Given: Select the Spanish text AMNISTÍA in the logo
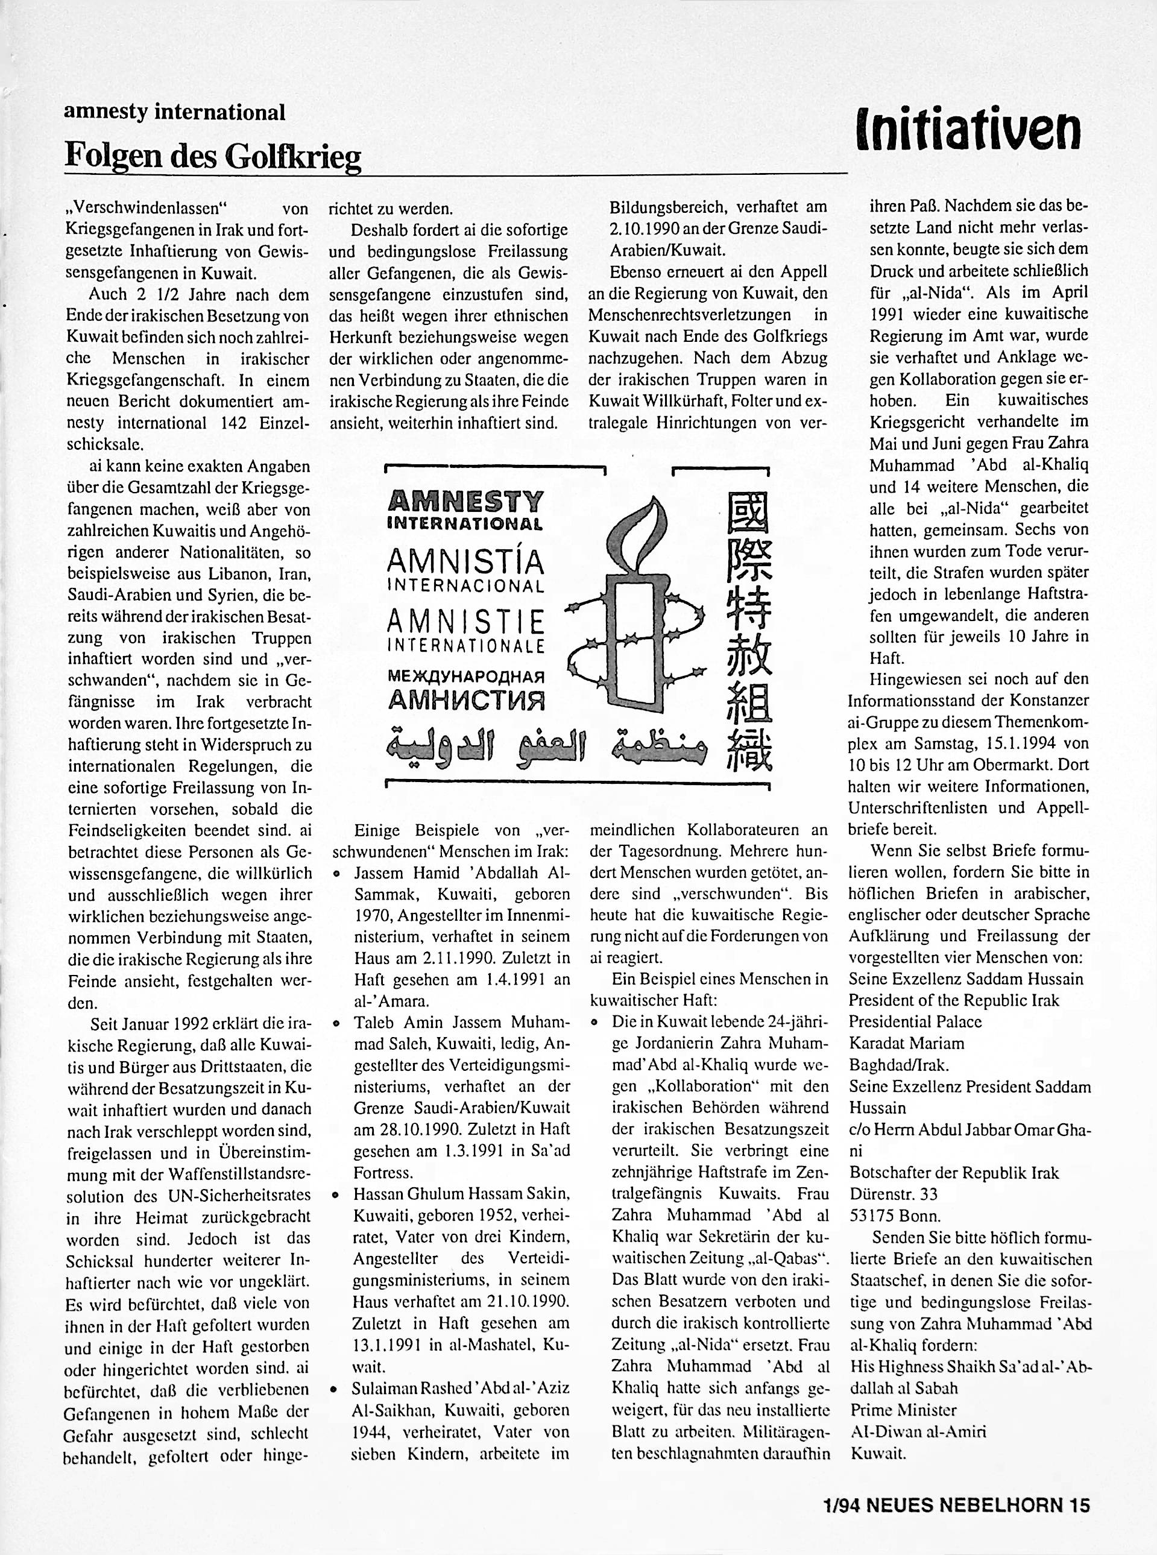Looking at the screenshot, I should tap(465, 561).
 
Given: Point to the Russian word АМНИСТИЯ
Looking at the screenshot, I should tap(465, 699).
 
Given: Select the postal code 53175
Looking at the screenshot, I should tap(874, 1216).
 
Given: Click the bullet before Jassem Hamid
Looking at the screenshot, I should tap(337, 874).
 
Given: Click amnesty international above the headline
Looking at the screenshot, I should tap(174, 112).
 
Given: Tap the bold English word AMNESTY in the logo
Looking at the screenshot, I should tap(465, 502).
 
